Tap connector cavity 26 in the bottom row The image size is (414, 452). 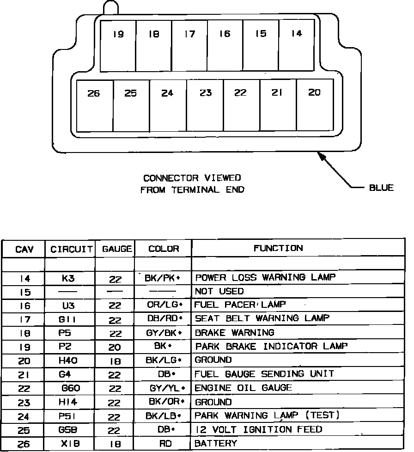tap(94, 105)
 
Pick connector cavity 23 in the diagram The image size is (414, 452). tap(205, 105)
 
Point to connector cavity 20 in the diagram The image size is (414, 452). tap(314, 105)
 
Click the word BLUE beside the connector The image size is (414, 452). tap(381, 188)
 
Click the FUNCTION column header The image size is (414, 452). tap(278, 248)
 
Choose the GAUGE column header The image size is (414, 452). tap(117, 249)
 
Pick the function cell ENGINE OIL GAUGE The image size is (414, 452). tap(244, 387)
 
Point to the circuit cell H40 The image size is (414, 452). tap(67, 360)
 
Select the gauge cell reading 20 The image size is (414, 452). tap(115, 346)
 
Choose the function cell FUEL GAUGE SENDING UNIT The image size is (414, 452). tap(264, 373)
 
